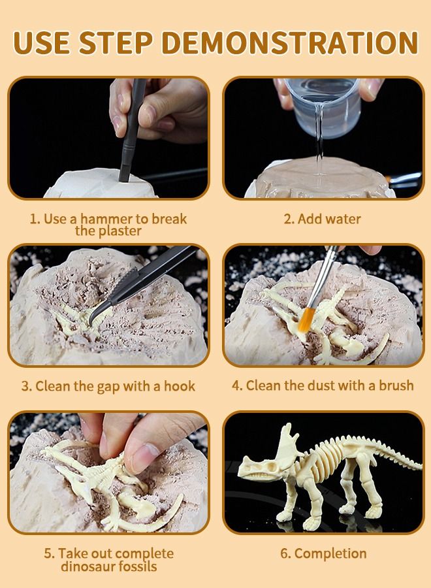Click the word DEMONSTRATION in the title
291,42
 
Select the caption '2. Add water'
323,219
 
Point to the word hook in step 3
179,386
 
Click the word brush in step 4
396,385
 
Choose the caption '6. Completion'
323,553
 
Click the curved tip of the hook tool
91,316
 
